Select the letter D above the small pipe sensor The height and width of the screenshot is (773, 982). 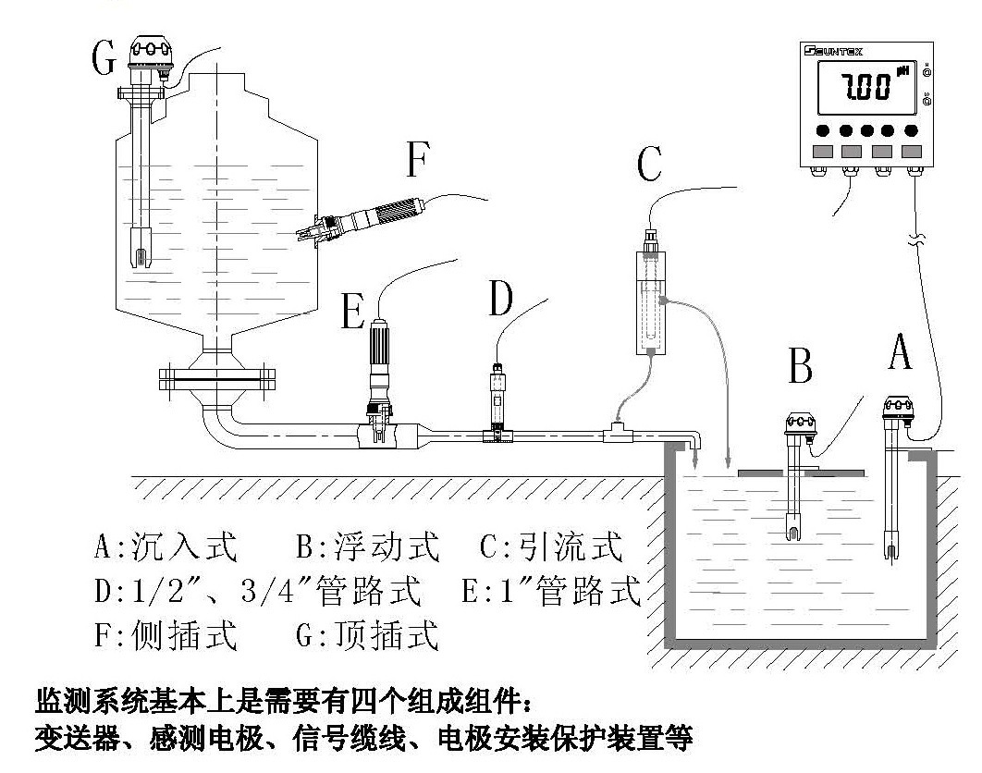(499, 299)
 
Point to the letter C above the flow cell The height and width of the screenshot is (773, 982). (649, 165)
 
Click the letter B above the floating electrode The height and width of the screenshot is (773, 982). (801, 365)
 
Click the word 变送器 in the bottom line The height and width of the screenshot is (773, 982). (68, 742)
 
